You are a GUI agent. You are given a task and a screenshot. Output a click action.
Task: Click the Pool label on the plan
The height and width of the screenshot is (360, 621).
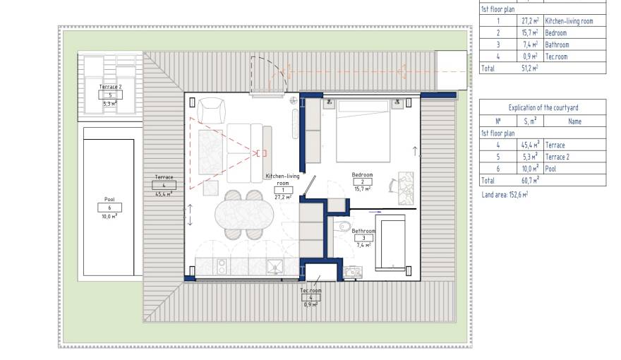(x=109, y=200)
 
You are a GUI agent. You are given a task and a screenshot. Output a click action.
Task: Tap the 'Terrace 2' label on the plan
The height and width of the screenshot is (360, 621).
(x=109, y=87)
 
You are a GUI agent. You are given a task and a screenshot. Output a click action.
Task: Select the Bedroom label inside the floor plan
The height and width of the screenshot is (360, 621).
(x=362, y=174)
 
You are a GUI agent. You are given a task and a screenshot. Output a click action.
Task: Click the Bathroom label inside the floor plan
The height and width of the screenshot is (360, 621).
(x=363, y=231)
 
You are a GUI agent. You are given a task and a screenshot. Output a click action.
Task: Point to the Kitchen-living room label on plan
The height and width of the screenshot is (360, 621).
(x=282, y=179)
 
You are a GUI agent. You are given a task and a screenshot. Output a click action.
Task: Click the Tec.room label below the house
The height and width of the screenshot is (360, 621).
(x=310, y=290)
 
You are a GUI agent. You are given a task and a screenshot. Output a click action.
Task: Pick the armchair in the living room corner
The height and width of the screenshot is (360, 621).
(x=211, y=110)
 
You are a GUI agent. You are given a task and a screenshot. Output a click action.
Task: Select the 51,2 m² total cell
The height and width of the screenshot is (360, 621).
(x=529, y=68)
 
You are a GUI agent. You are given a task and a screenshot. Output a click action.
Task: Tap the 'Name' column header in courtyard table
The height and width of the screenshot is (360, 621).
(x=574, y=121)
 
